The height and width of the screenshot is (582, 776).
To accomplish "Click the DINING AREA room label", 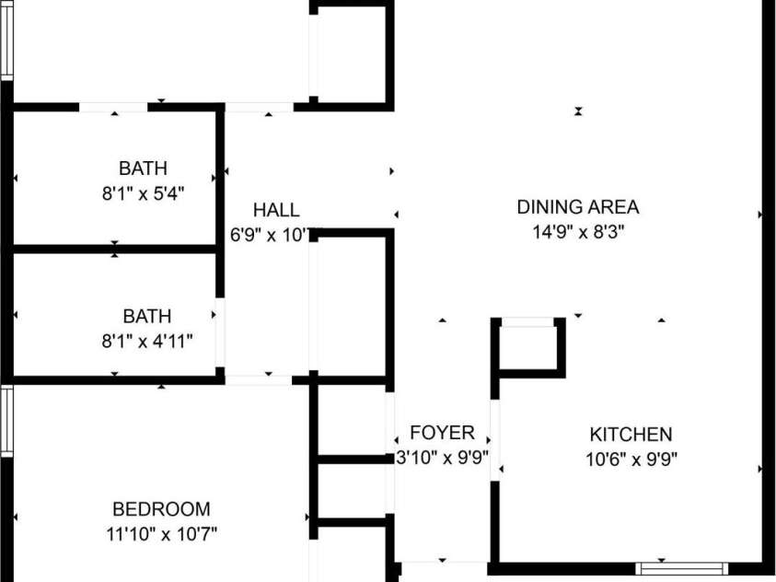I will pyautogui.click(x=577, y=207).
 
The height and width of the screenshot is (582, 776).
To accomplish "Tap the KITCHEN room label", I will pyautogui.click(x=631, y=434).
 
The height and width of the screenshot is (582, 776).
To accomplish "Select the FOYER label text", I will pyautogui.click(x=442, y=433).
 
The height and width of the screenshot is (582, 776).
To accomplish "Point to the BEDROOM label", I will pyautogui.click(x=161, y=508).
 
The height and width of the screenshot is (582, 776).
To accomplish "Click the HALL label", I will pyautogui.click(x=276, y=210).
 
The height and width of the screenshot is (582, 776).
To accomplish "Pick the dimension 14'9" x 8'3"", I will pyautogui.click(x=577, y=232).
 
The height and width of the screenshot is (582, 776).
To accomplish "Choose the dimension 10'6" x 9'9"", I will pyautogui.click(x=631, y=459).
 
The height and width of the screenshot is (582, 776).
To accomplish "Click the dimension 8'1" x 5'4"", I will pyautogui.click(x=144, y=193).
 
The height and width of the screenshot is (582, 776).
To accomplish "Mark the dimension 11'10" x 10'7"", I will pyautogui.click(x=161, y=533).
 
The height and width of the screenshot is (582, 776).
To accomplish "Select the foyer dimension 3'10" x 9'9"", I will pyautogui.click(x=442, y=458).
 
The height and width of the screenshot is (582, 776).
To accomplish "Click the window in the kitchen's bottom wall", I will pyautogui.click(x=682, y=568).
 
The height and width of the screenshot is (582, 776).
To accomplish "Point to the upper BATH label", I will pyautogui.click(x=144, y=169).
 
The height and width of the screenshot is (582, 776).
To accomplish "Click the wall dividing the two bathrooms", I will pyautogui.click(x=115, y=249).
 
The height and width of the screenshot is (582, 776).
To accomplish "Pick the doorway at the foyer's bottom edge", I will pyautogui.click(x=445, y=562).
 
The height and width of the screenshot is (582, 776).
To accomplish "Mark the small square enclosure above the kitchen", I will pyautogui.click(x=527, y=347).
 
